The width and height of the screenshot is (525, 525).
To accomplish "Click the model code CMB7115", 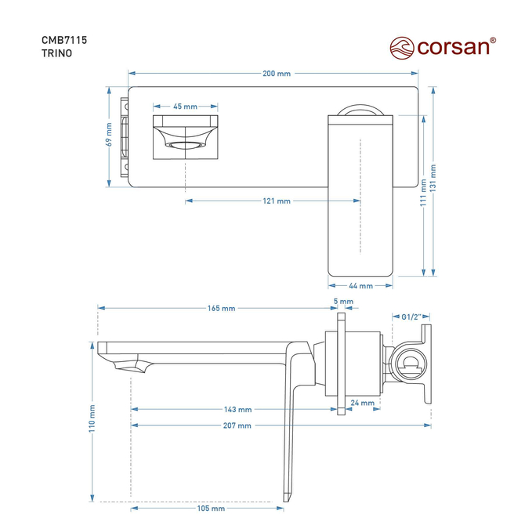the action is click(x=64, y=40).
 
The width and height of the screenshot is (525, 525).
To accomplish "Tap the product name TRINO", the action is click(x=56, y=53).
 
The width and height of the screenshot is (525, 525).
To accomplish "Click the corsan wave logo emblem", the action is click(x=402, y=48).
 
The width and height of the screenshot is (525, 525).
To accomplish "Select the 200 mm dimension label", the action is click(x=277, y=74).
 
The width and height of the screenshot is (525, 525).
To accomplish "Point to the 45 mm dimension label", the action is click(x=185, y=107).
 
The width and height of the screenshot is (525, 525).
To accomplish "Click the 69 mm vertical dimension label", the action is click(x=109, y=134).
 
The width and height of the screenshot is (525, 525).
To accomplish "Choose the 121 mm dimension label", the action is click(x=277, y=201).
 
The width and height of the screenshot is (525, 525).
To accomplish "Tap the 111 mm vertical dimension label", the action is click(x=424, y=193).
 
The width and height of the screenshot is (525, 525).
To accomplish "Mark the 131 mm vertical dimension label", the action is click(x=433, y=178).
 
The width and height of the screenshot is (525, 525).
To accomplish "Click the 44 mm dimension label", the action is click(x=360, y=286).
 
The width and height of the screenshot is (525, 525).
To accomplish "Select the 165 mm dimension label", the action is click(x=221, y=308).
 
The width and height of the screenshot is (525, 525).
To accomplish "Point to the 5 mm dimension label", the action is click(x=343, y=302).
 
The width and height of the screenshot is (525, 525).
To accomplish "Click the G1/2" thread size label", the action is click(x=411, y=317).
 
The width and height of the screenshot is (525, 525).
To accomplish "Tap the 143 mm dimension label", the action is click(x=237, y=409).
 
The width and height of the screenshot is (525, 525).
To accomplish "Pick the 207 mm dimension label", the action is click(x=237, y=425).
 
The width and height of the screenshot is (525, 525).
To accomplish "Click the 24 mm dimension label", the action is click(x=362, y=403).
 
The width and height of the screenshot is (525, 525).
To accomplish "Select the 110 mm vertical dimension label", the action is click(x=92, y=418).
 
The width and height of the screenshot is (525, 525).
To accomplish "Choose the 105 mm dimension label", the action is click(x=211, y=509).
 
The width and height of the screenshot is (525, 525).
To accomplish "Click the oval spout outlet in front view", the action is click(x=185, y=145).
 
